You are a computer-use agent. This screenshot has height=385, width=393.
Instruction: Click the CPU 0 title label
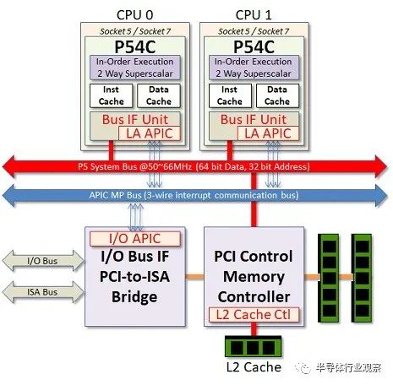coord(134,15)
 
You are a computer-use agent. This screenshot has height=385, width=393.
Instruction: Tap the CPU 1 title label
coord(254,15)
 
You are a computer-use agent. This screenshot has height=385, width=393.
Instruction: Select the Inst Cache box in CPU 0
coord(111,95)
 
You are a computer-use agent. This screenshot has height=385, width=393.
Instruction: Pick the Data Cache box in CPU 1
coord(277,95)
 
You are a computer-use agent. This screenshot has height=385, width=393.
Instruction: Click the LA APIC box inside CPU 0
coord(150,133)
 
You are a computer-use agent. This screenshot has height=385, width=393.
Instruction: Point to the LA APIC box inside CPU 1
coord(268,133)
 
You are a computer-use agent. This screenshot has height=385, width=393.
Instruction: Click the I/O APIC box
coord(135,239)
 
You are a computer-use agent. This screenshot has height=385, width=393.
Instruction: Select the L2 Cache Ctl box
coord(254,315)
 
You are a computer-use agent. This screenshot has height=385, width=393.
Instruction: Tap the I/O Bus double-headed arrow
coord(43,261)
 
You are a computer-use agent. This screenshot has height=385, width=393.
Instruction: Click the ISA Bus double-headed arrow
coord(43,292)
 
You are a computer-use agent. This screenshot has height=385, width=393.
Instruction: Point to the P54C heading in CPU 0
coord(135,46)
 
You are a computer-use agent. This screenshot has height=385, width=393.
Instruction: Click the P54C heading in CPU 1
coord(254,46)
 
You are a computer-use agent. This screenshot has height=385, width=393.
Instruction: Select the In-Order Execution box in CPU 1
coord(254,68)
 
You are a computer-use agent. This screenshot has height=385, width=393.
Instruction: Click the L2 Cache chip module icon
coord(254,347)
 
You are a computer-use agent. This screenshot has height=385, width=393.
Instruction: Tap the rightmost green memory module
coord(362,278)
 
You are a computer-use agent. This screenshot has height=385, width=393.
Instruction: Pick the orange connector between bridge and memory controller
coord(194,277)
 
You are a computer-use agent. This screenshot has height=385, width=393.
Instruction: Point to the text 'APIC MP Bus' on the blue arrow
coord(115,195)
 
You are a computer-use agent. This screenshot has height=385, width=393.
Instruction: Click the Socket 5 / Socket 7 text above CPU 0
coord(135,31)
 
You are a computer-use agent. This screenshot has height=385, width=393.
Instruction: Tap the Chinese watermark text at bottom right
coord(348,367)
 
